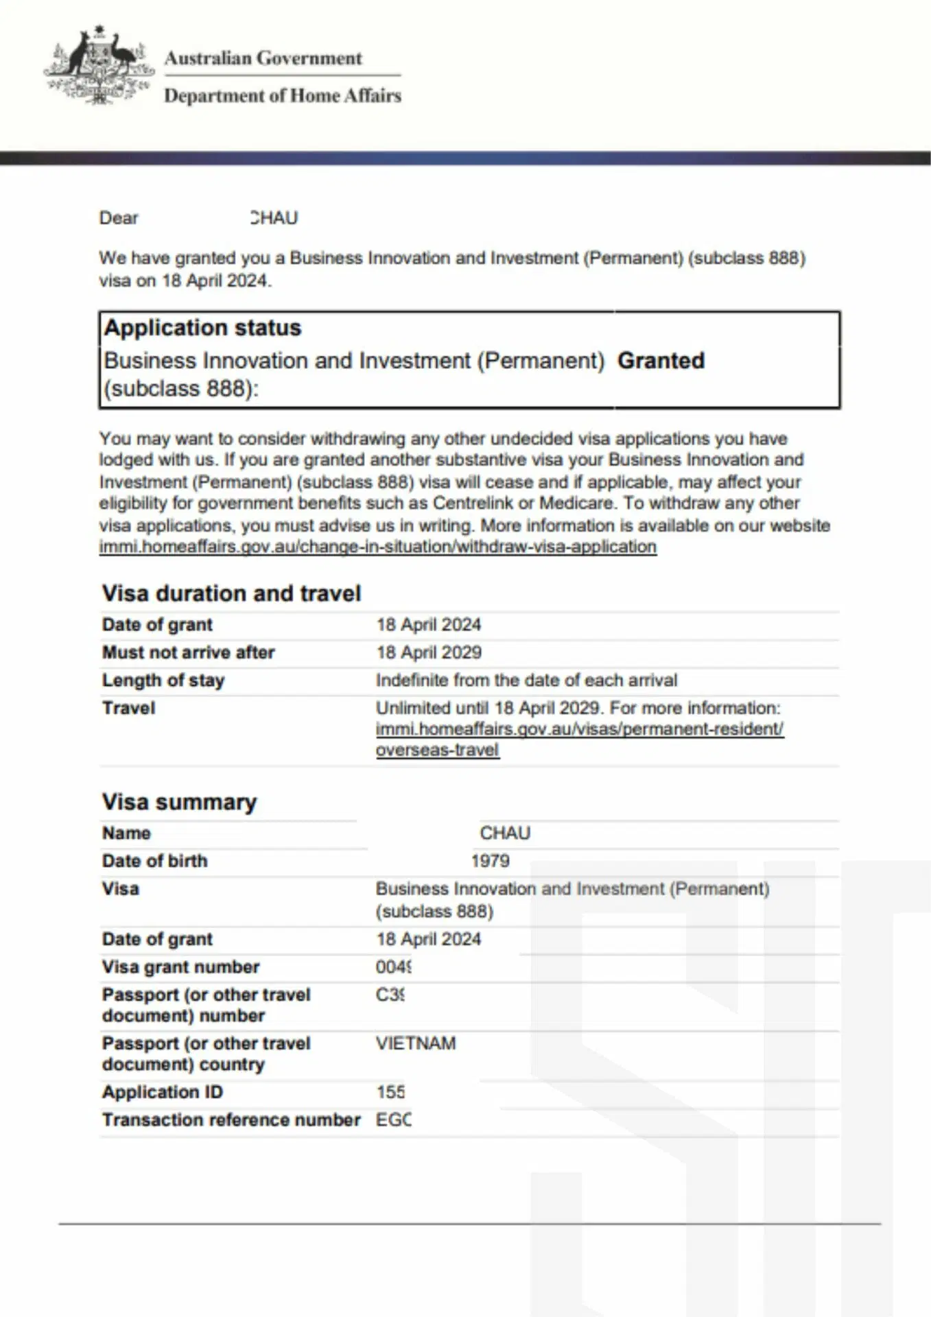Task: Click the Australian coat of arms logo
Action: (x=98, y=66)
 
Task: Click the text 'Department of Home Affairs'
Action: (x=282, y=95)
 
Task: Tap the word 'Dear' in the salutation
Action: (x=119, y=218)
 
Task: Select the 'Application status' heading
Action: (x=202, y=328)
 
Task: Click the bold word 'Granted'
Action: (x=661, y=361)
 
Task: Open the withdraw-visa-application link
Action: (x=377, y=547)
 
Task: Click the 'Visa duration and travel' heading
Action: (x=231, y=593)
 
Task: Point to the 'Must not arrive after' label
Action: (x=188, y=652)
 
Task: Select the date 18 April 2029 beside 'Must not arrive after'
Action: (x=429, y=652)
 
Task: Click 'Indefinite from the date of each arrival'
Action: (x=526, y=680)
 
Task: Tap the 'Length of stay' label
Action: (x=163, y=680)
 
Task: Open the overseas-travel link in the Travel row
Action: (x=579, y=729)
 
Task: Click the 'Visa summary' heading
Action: (x=179, y=802)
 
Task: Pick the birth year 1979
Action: (x=490, y=861)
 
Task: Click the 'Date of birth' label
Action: (x=154, y=861)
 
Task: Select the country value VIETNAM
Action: (x=416, y=1043)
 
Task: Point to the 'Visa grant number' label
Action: (x=180, y=967)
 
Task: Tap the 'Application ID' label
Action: (x=163, y=1092)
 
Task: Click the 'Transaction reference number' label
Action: (x=231, y=1120)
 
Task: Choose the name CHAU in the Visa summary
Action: (x=505, y=833)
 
